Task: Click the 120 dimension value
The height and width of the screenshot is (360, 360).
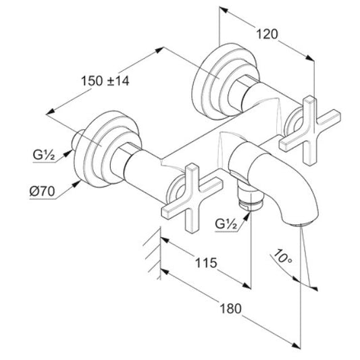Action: click(267, 34)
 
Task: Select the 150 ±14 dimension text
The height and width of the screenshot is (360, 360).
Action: click(105, 81)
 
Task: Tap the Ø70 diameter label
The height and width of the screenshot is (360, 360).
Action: click(43, 191)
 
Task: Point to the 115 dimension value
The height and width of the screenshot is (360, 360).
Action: click(206, 263)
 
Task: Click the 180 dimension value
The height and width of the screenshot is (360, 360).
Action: click(231, 309)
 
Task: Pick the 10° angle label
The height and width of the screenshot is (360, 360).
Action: click(283, 257)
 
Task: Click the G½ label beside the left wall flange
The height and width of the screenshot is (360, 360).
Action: click(44, 155)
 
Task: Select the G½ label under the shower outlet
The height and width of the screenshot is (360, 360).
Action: click(226, 224)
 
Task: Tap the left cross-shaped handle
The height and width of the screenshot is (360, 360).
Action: click(192, 198)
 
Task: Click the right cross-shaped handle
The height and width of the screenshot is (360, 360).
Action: click(310, 130)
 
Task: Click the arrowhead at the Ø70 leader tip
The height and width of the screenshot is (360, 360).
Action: click(77, 184)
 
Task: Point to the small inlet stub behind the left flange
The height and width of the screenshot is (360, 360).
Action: click(78, 140)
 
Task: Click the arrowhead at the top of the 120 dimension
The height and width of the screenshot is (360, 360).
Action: click(224, 9)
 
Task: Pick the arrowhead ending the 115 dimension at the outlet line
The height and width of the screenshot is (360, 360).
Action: click(247, 286)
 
